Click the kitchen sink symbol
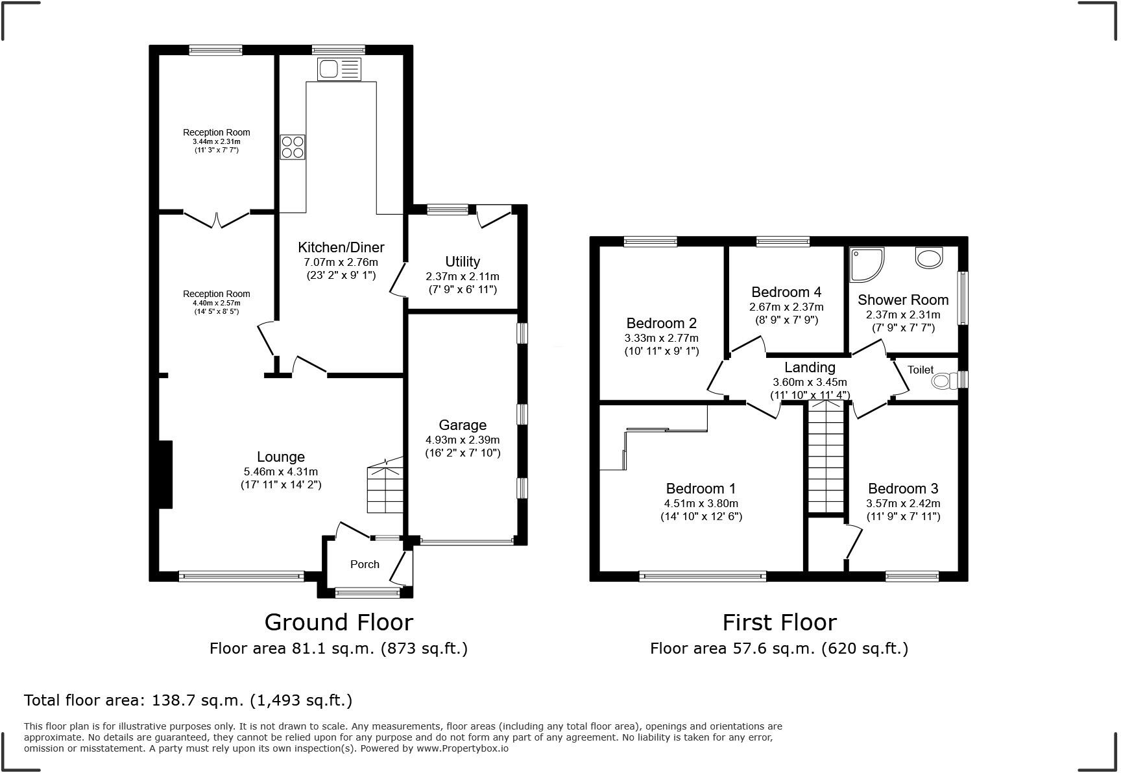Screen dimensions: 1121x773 [339, 69]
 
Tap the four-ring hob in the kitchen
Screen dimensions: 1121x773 [293, 147]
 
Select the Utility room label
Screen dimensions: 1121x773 [463, 261]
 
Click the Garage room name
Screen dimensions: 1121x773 [463, 425]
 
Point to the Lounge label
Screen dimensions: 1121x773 [281, 457]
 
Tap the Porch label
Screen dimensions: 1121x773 [365, 564]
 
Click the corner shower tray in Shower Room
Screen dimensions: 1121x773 [866, 265]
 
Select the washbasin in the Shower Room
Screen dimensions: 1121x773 [929, 257]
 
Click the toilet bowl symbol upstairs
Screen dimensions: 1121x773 [945, 380]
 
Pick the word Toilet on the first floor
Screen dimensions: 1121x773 [921, 370]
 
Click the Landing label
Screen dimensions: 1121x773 [810, 368]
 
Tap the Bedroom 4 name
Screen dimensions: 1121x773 [786, 292]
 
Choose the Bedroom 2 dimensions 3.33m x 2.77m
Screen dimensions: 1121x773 [662, 338]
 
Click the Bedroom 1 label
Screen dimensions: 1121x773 [701, 488]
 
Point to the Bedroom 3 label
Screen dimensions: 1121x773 [903, 488]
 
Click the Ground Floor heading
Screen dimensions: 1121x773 [339, 623]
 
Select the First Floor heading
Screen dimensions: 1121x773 [780, 623]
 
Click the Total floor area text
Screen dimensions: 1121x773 [188, 700]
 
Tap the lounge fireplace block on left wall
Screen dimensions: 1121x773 [165, 474]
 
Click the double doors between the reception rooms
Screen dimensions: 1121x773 [217, 219]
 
